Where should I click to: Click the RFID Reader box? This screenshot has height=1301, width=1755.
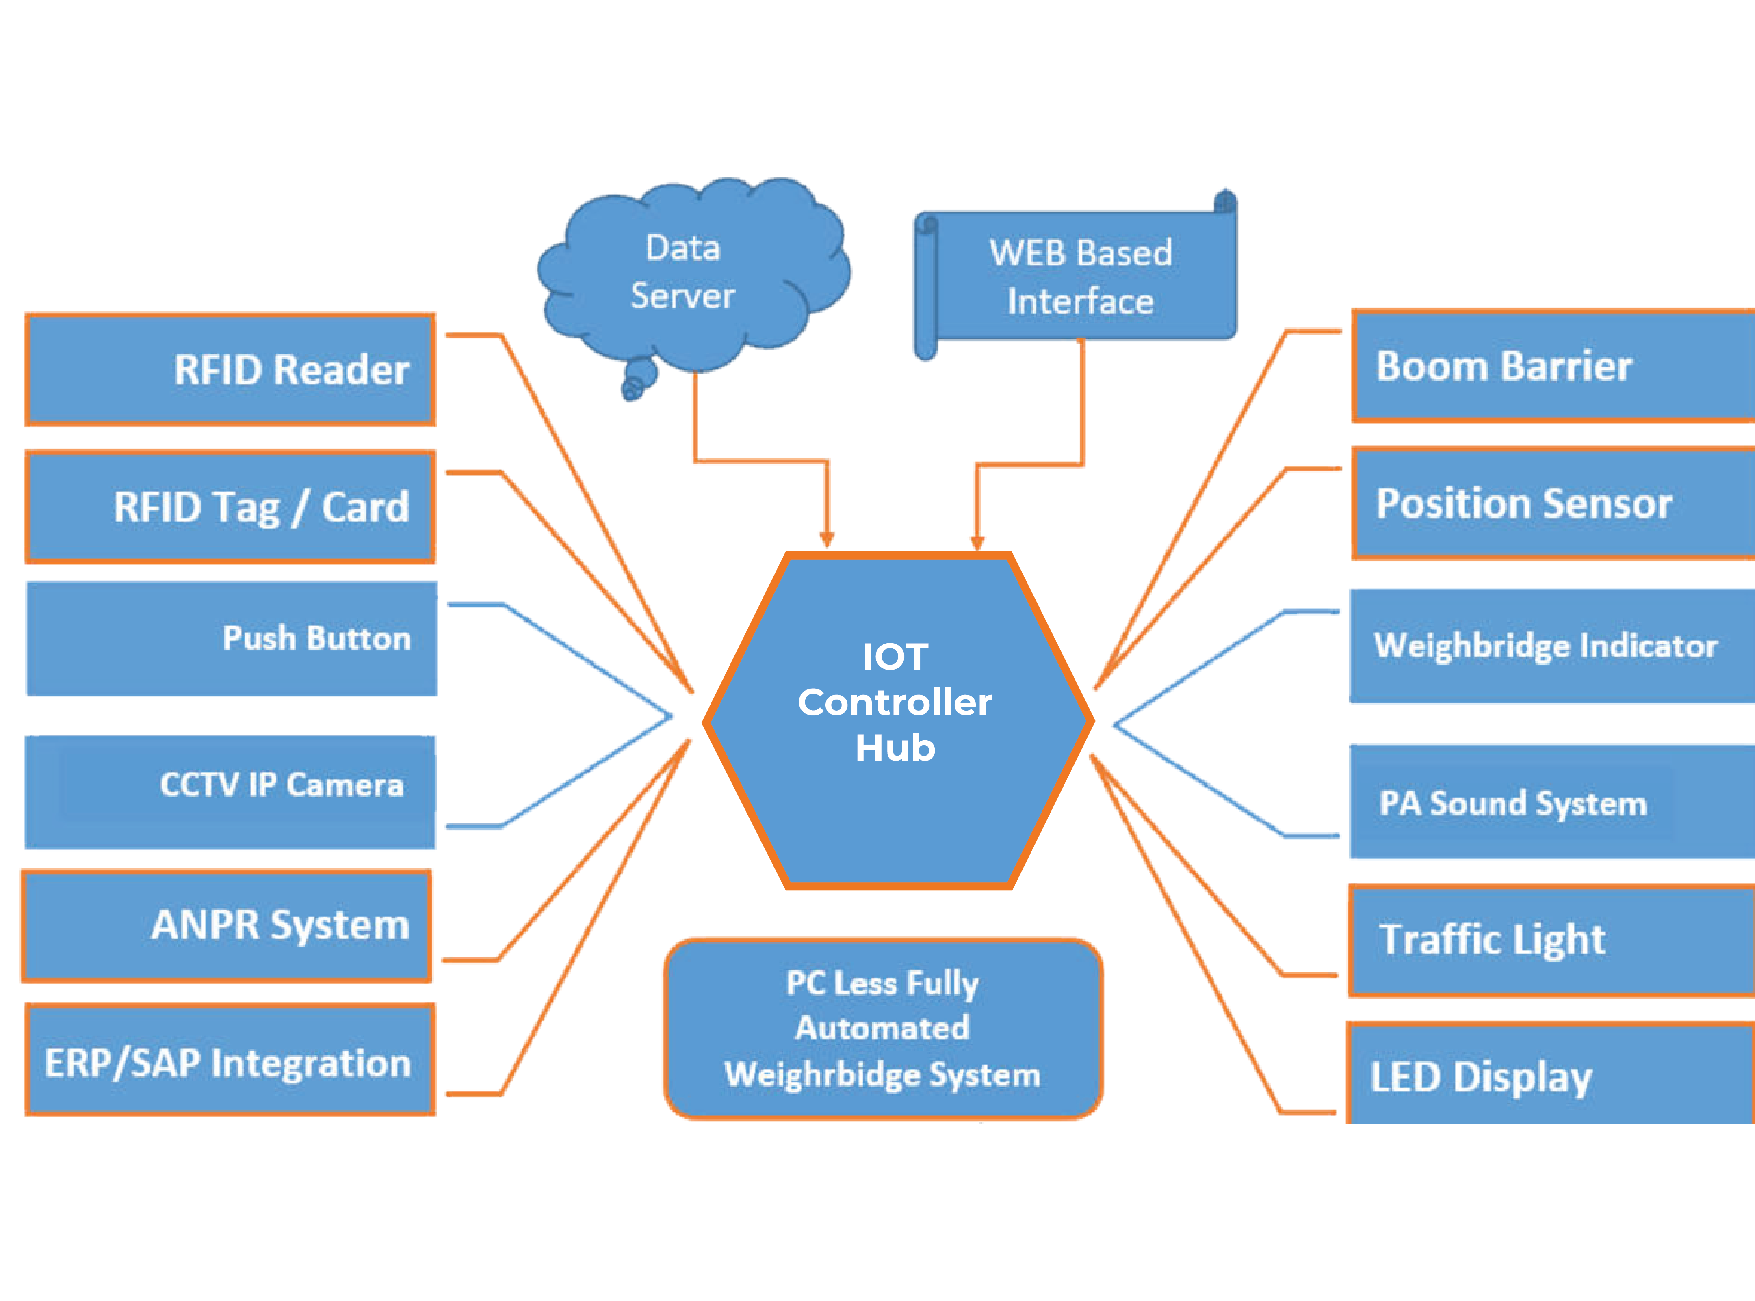coord(230,370)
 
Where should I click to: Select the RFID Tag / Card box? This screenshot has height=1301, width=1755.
coord(230,506)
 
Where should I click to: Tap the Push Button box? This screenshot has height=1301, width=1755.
coord(232,639)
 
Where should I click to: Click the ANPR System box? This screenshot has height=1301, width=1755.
coord(227,925)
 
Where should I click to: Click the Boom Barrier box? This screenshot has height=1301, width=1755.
coord(1552,366)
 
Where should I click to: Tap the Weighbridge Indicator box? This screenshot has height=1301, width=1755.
coord(1552,646)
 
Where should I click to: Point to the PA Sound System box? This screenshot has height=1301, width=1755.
coord(1552,802)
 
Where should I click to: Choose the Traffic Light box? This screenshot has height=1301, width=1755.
coord(1552,940)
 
